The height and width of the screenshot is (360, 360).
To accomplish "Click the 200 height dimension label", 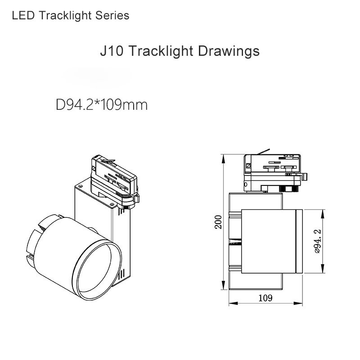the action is (218, 222).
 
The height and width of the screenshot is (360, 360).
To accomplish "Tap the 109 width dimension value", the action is (265, 298).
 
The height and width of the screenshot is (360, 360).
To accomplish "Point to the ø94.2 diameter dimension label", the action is (318, 241).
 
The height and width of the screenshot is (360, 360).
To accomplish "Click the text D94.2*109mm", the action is (102, 105).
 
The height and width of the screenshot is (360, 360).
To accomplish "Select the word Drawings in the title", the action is (229, 51).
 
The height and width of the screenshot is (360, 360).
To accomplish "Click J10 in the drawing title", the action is (112, 51).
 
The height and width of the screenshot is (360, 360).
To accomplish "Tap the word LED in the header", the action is (23, 16).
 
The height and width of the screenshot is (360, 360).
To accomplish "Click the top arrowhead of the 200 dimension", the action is (223, 159).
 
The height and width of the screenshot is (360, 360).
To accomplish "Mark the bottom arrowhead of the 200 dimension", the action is (223, 285).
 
